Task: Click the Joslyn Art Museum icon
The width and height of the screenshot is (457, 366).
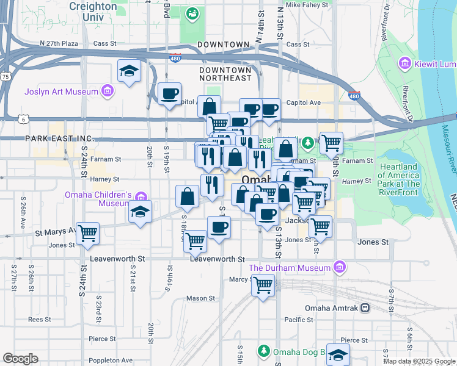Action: point(108,91)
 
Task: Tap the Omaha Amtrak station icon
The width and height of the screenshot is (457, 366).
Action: point(365,307)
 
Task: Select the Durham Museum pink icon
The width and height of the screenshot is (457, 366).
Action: point(340,268)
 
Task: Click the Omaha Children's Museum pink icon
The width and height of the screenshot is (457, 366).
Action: point(142,196)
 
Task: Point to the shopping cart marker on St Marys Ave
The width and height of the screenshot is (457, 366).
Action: point(88,233)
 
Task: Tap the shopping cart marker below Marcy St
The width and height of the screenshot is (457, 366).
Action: point(263,285)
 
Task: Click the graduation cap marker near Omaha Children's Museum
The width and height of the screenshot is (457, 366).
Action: point(140,213)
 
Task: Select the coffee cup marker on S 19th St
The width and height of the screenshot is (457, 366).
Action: point(169,94)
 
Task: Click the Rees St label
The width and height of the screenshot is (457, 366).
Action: point(39,319)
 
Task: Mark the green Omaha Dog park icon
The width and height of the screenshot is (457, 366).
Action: point(263,351)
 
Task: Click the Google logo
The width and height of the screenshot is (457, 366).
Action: point(21,359)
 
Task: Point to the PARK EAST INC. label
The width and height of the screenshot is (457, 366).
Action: point(59,139)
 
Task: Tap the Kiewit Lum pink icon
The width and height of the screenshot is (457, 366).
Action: point(403,63)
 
